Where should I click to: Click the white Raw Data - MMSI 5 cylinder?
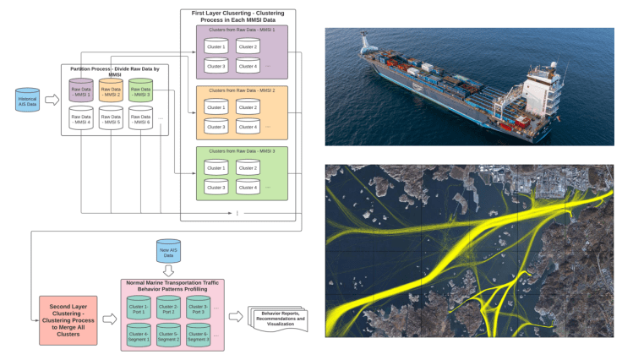(x=111, y=120)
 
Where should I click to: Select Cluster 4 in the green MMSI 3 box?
(x=248, y=186)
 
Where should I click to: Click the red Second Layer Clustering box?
(x=67, y=319)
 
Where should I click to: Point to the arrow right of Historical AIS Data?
(x=51, y=100)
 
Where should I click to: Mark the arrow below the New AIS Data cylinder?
(x=169, y=270)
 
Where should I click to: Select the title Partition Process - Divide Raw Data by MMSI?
(x=115, y=70)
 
